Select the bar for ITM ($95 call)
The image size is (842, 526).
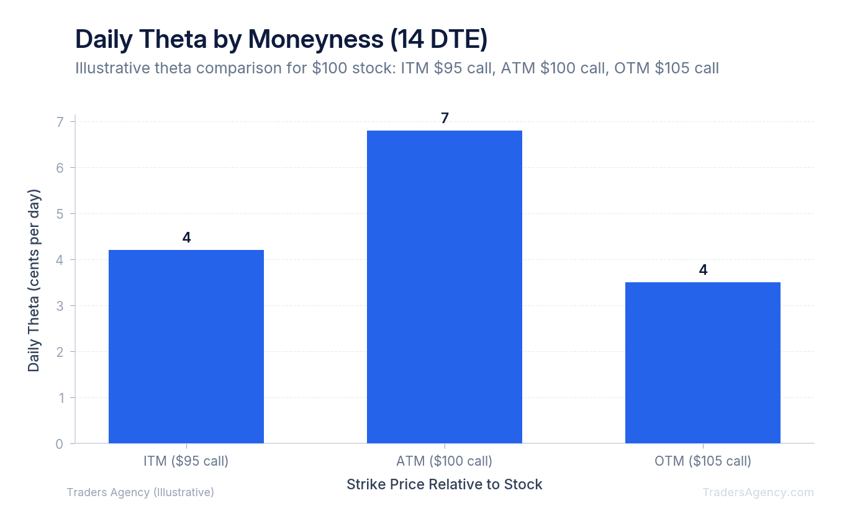pos(186,346)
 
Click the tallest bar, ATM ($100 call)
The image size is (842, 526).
pos(445,287)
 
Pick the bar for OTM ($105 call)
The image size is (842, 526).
pos(703,362)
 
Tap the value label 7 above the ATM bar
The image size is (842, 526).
pos(445,118)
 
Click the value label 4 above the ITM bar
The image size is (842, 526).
pos(186,238)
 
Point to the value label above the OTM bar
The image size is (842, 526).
pos(703,270)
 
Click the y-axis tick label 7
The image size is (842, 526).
pos(59,122)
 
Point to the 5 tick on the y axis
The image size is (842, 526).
pos(59,214)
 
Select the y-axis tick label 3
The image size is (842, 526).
pos(59,306)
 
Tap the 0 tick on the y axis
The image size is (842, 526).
pos(59,444)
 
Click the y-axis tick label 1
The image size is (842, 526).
pos(59,398)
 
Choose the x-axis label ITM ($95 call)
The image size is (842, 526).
pos(186,461)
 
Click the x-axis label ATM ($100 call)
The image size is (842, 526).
pos(445,461)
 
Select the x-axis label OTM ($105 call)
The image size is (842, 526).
pos(703,461)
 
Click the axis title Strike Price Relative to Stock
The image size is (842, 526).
pos(445,484)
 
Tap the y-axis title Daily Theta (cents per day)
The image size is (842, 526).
pos(34,280)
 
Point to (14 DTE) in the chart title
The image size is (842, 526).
pos(439,39)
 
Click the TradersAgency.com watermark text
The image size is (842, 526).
pos(758,492)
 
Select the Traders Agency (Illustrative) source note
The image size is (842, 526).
pos(140,492)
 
